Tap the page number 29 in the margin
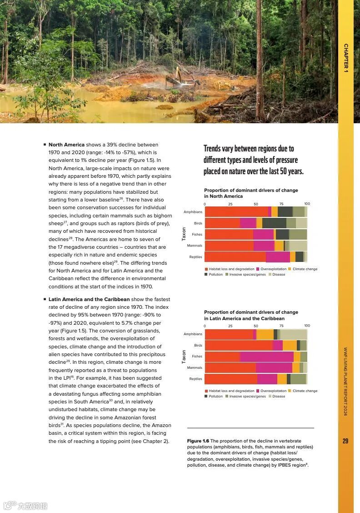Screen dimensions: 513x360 [345, 441]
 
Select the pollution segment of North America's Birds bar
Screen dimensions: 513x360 [274, 223]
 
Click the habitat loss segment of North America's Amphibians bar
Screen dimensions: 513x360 [236, 212]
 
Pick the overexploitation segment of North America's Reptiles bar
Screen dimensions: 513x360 [278, 257]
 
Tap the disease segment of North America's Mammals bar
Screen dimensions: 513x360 [298, 246]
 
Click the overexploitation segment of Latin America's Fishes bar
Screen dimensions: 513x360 [266, 357]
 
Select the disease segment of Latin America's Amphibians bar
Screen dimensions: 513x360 [293, 334]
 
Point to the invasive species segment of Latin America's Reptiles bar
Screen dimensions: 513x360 [298, 379]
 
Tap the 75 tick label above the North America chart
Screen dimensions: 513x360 [281, 204]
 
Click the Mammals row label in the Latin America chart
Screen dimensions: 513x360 [195, 367]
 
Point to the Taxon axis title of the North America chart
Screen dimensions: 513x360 [184, 234]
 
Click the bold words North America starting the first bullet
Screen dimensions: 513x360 [66, 145]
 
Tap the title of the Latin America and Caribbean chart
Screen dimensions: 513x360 [251, 315]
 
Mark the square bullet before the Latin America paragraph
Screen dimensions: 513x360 [45, 299]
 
